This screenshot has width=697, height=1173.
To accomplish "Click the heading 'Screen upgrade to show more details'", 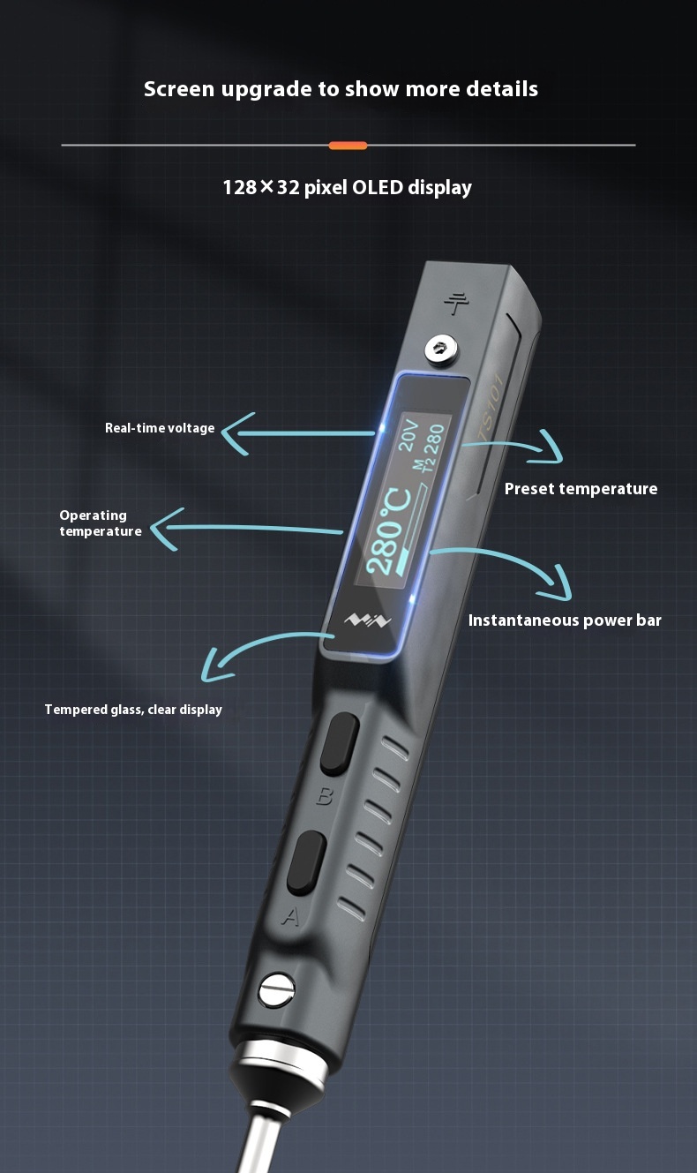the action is pos(341,89).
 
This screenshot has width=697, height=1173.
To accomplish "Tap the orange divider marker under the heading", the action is pos(348,146).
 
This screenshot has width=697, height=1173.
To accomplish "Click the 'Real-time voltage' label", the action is pos(160,428).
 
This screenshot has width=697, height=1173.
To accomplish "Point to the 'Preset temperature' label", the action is pos(581,489).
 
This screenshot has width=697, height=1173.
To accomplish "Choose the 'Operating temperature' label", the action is pos(101,523).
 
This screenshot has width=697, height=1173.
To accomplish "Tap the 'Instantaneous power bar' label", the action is pos(565,620).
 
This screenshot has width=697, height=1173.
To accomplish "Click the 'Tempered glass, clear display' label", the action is pos(133,710).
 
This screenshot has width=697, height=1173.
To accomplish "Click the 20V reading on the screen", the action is pos(408,434).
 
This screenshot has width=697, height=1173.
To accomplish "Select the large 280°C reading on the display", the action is pos(388,530).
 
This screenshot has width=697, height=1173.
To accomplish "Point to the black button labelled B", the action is pos(340,743).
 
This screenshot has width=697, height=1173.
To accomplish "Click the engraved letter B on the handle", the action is pos(325,796).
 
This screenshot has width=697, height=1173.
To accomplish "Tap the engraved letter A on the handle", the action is pos(291,916).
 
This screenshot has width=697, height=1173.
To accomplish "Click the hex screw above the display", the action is pos(440,349).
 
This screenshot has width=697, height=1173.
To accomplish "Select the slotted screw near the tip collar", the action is pos(277,989).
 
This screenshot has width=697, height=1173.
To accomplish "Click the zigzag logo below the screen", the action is pos(367,620).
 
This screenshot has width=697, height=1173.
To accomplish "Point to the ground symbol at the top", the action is pos(456,304).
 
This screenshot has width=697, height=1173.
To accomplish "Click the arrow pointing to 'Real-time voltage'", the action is pos(298,433).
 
